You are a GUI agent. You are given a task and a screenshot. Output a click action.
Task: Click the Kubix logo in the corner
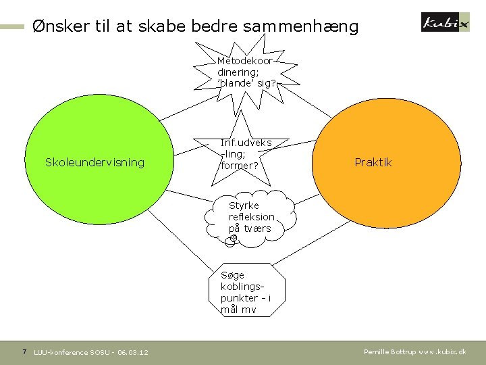point(443,22)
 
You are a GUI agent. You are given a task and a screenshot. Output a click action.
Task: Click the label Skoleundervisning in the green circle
point(94,162)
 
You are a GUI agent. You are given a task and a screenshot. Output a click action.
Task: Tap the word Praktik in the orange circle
point(373,162)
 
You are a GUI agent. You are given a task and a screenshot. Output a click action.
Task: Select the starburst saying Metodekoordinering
point(246,72)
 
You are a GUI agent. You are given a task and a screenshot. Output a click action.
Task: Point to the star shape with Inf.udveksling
point(246,154)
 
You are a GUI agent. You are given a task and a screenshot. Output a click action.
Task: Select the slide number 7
point(24,351)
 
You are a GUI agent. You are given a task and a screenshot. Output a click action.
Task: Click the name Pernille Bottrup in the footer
point(389,352)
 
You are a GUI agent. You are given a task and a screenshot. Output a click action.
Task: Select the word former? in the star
point(240,166)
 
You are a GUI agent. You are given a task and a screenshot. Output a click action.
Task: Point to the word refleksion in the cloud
point(252,217)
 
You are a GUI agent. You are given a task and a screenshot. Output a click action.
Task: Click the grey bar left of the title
point(13,27)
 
